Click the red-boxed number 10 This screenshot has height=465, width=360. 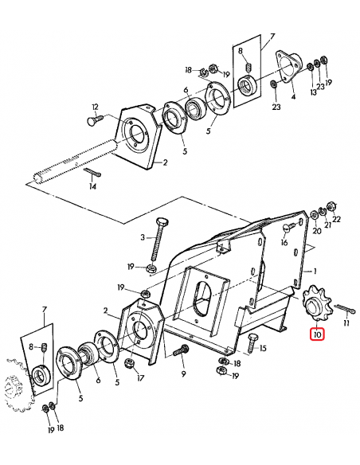tap(318, 335)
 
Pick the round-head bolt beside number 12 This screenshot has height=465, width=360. tap(92, 121)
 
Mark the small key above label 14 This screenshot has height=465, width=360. tap(92, 173)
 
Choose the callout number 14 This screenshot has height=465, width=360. tap(92, 186)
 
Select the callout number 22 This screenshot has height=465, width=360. tap(336, 219)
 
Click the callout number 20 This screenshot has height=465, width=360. tap(316, 232)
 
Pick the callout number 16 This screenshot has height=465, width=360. tap(284, 244)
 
